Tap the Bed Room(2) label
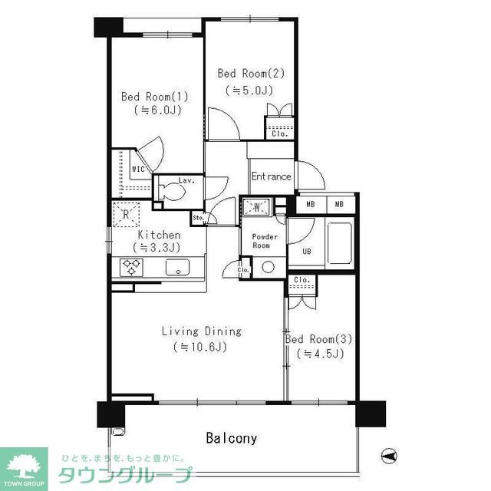251,74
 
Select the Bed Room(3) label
318,338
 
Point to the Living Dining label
201,331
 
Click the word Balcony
231,439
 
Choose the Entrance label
272,176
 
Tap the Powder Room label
262,241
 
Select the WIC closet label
139,168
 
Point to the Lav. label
185,181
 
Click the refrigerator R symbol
126,214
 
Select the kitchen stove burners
131,268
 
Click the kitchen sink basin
177,268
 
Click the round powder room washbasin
268,268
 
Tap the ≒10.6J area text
201,347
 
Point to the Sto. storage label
198,218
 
